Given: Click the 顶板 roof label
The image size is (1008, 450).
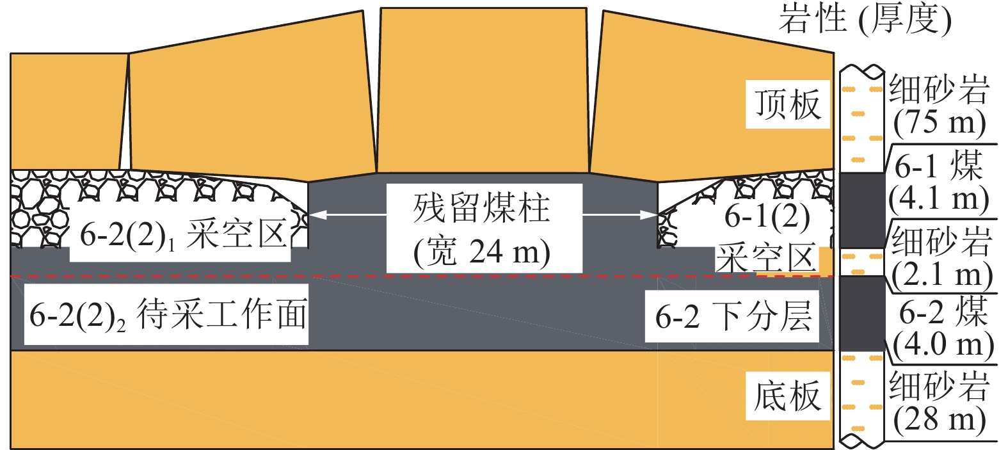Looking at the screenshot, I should (788, 104).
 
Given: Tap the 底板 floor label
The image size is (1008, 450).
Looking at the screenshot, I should (788, 396).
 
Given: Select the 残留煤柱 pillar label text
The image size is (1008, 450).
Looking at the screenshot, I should (482, 209).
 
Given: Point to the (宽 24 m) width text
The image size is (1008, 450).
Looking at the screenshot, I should (482, 252).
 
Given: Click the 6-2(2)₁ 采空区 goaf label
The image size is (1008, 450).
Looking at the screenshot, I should (183, 236).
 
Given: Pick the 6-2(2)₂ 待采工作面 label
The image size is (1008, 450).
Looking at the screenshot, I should (168, 315).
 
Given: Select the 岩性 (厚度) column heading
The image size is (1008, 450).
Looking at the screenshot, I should (865, 19).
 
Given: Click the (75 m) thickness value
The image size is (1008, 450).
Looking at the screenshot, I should (939, 122).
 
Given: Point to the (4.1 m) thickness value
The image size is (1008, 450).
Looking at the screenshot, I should (938, 198).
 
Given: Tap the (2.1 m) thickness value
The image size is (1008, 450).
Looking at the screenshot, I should (941, 275).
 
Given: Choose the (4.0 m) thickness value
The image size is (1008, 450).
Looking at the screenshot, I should (943, 344).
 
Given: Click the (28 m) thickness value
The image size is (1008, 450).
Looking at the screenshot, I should (939, 420).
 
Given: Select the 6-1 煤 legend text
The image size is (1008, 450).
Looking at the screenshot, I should (938, 166).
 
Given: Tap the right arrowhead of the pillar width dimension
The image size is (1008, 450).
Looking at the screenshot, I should (652, 215).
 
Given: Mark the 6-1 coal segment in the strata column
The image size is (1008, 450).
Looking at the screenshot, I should (861, 210).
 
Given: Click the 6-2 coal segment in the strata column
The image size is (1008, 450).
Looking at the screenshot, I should (861, 314).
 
